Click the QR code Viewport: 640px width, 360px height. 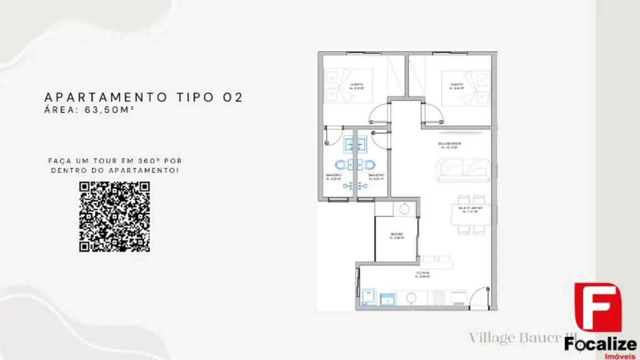(115, 217)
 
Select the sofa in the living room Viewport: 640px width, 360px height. (463, 171)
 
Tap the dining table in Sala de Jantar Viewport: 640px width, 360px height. (471, 214)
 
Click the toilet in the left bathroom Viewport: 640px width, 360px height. (340, 165)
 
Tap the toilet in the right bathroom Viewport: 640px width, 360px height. (369, 165)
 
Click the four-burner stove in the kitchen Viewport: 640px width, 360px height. (438, 298)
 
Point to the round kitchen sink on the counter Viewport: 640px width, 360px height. (411, 298)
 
